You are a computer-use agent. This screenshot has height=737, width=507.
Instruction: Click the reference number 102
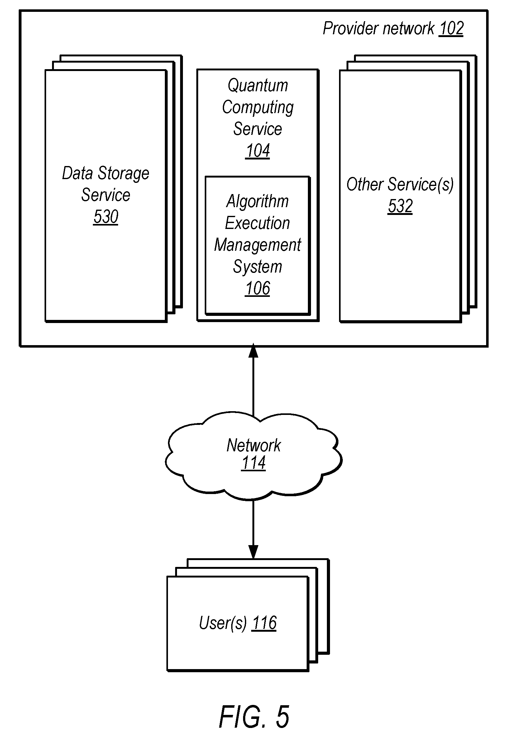coord(451,29)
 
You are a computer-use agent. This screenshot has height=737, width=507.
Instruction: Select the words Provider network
coord(378,29)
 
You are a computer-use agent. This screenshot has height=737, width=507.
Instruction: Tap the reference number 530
coord(106,217)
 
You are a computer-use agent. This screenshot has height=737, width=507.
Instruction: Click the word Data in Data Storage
coord(77,174)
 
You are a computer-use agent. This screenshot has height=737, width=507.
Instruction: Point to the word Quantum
coord(258,86)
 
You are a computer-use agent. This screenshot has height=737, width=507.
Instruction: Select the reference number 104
coord(258,151)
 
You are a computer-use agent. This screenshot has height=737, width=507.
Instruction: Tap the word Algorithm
coord(257,202)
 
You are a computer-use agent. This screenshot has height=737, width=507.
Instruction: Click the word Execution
coord(257,223)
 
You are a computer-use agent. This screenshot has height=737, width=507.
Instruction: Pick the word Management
coord(257,245)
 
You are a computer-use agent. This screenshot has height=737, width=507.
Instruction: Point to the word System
coord(257,267)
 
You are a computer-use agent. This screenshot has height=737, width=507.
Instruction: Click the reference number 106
coord(257,289)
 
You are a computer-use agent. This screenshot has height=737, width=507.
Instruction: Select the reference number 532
coord(400,207)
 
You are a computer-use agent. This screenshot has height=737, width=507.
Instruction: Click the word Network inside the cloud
coord(254,445)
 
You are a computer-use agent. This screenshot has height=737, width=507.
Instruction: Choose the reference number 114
coord(254,463)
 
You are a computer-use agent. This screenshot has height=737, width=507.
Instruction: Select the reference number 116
coord(264,623)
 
